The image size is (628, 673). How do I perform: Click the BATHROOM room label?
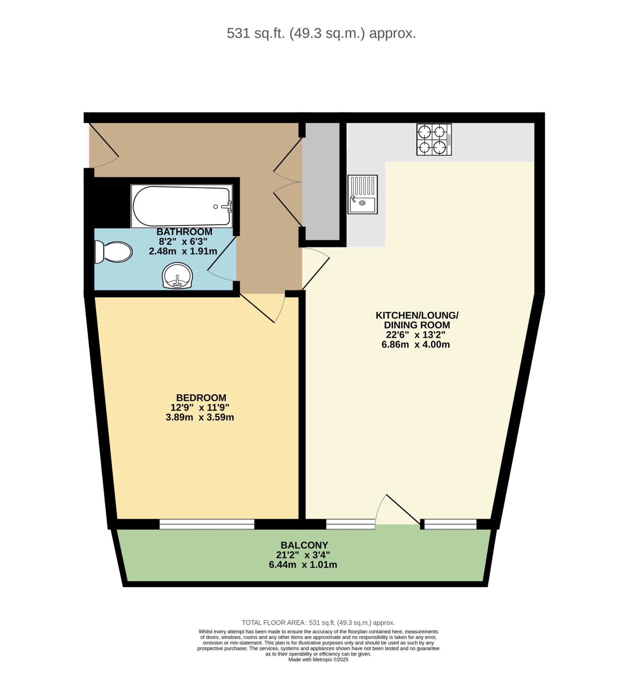pos(184,232)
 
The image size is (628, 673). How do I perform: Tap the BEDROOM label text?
pos(201,398)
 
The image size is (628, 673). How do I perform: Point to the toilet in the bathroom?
pos(113,252)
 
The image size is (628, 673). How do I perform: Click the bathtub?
pos(182,206)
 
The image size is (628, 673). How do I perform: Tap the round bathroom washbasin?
pos(177,276)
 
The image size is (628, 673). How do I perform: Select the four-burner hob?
pos(434,139)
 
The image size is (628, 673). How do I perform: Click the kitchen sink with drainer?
pos(362,194)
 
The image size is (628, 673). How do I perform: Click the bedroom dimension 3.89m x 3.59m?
pos(200,417)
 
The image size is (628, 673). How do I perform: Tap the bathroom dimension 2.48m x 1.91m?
pos(183,251)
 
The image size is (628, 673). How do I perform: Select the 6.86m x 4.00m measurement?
pos(415,345)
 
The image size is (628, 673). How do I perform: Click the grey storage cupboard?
pos(321,181)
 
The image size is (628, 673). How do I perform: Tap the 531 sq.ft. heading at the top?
pos(321,33)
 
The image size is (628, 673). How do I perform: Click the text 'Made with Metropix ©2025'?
pos(318,660)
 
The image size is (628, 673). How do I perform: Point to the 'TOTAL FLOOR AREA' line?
pos(318,623)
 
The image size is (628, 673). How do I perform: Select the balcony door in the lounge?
pos(398,511)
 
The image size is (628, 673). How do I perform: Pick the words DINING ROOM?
pos(417,325)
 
